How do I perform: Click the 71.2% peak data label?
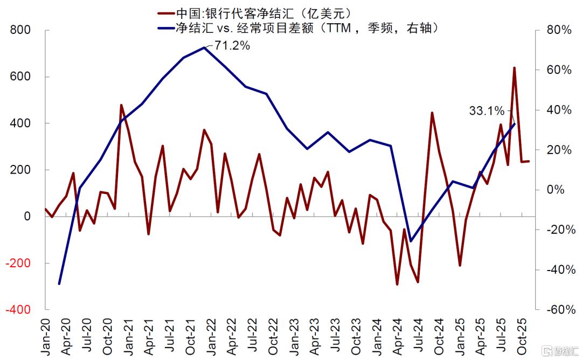(x=232, y=46)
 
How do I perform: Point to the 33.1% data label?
(x=487, y=110)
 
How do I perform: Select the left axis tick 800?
(x=20, y=30)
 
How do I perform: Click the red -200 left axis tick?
(x=18, y=263)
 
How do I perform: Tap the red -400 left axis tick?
(x=18, y=309)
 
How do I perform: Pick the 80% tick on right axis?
(x=559, y=30)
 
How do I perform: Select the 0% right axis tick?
(x=556, y=190)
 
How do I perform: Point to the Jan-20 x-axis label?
(x=45, y=336)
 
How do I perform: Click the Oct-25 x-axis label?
(x=522, y=336)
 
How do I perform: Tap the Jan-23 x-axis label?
(x=294, y=336)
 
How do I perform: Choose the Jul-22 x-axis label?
(x=252, y=336)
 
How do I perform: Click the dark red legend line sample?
(x=165, y=13)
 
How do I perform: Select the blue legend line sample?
(x=165, y=28)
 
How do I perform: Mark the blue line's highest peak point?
(x=204, y=47)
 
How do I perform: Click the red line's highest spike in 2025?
(x=515, y=68)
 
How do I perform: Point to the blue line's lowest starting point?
(x=59, y=284)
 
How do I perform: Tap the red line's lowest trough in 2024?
(x=397, y=285)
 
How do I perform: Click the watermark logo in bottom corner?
(x=561, y=351)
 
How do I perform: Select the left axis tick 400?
(x=20, y=123)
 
